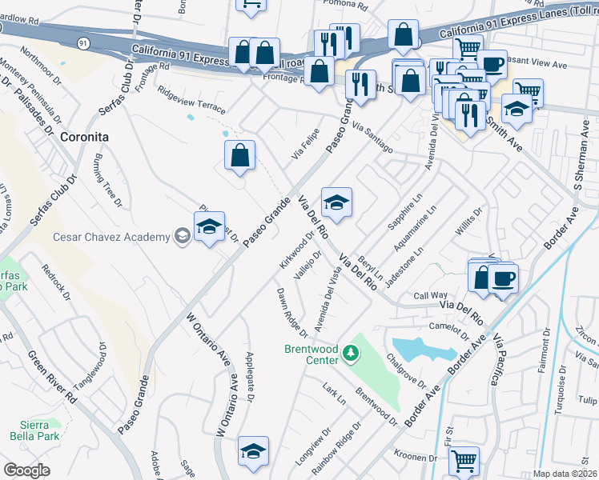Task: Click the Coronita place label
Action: pos(83,138)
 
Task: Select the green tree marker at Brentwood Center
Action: pos(350,352)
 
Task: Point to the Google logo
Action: pos(26,470)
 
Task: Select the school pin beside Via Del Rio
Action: pos(336,202)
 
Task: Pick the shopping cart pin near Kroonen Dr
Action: pos(464,460)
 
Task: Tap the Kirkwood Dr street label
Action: pos(295,250)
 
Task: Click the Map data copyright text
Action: pos(565,473)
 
